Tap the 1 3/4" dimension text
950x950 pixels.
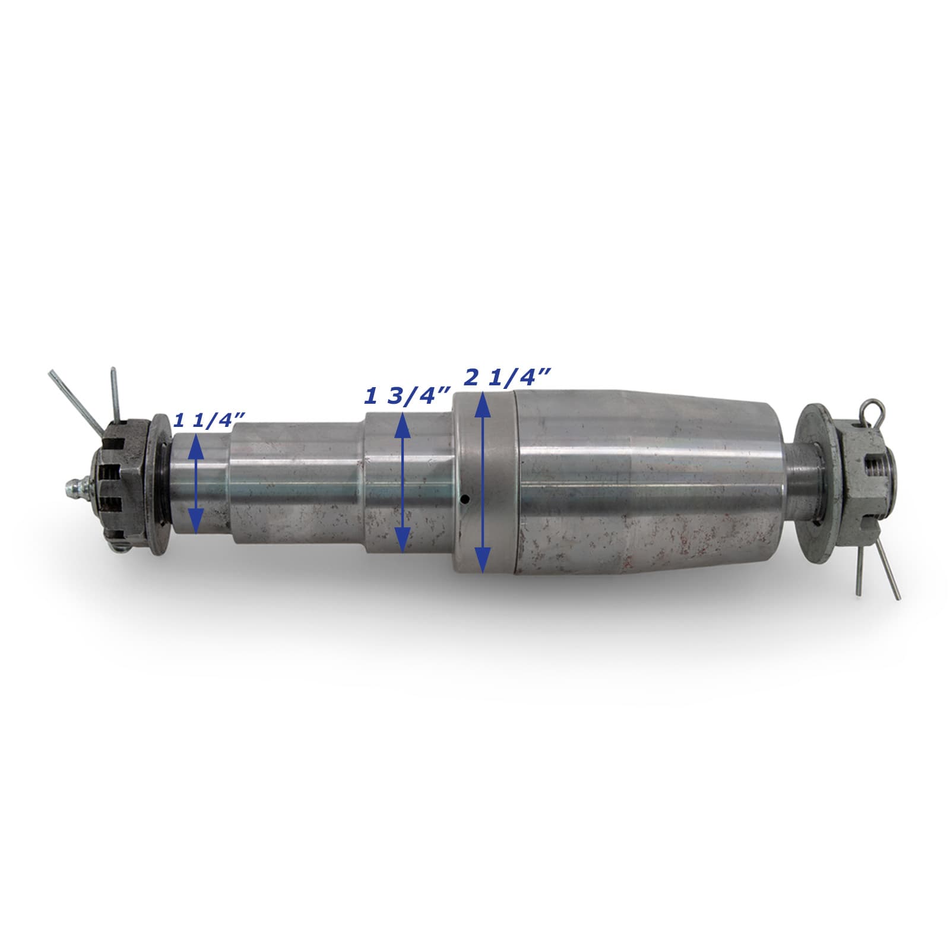coord(407,395)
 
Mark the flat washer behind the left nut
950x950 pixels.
coord(159,484)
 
